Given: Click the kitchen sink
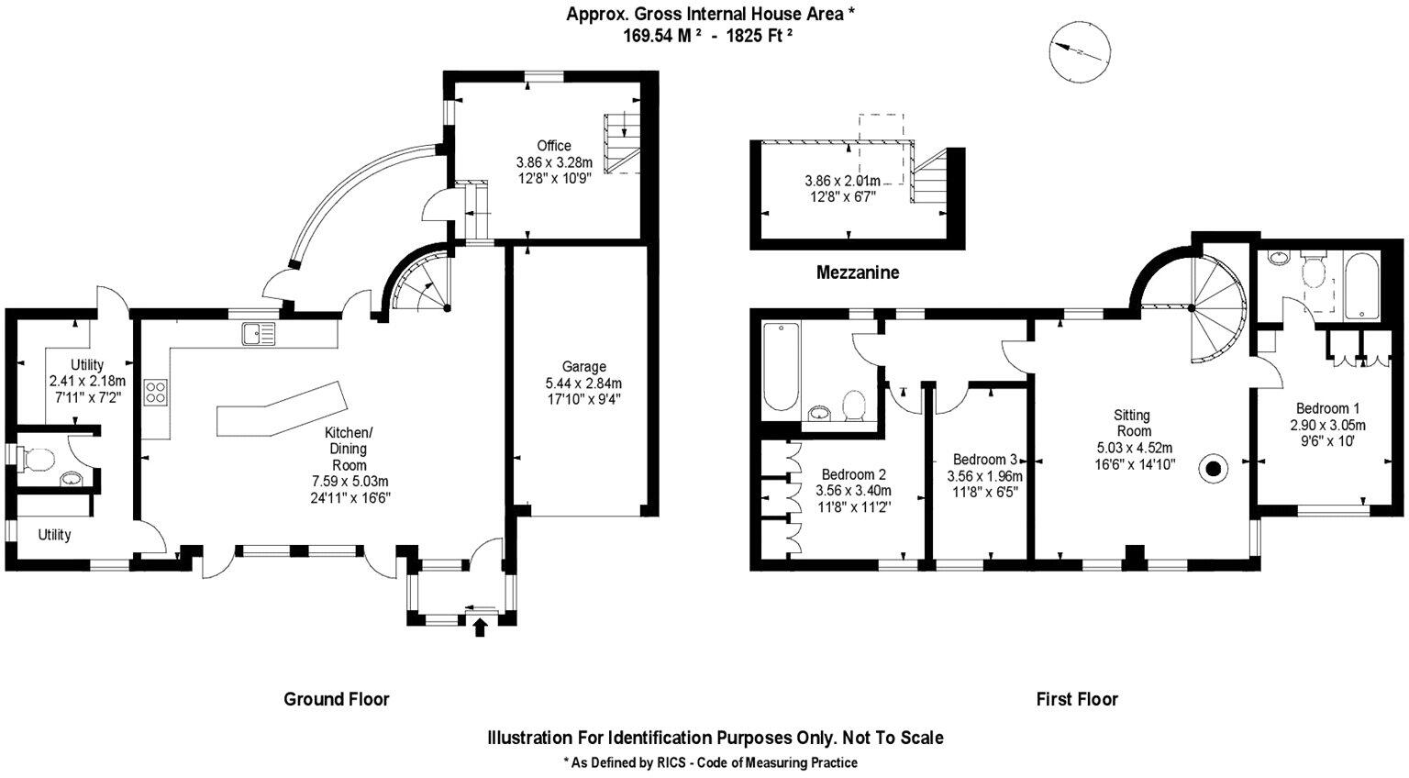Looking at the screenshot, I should (x=259, y=333).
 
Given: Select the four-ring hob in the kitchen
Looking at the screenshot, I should (x=155, y=393).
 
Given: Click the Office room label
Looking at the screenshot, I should (x=554, y=146).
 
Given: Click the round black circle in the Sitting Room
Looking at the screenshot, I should (x=1214, y=470).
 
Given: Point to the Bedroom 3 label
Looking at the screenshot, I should (x=984, y=460).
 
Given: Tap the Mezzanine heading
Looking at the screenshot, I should (x=858, y=272).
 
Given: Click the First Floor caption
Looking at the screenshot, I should (x=1077, y=699).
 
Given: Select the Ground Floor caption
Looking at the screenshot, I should (x=337, y=699).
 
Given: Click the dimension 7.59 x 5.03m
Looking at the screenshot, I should (x=349, y=482).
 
